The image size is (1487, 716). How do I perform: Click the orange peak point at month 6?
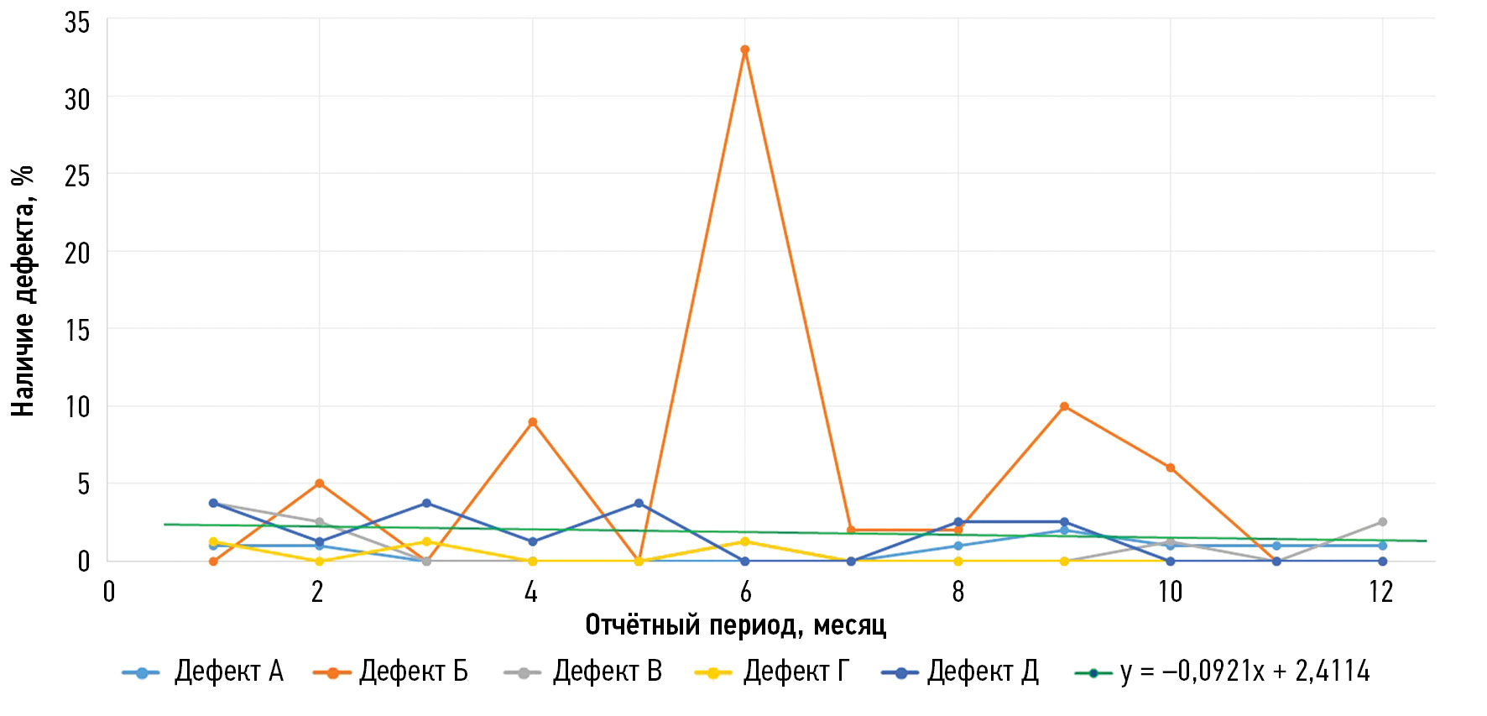(744, 50)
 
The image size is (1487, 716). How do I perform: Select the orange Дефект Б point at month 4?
(532, 422)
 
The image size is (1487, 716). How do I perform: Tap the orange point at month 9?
(1064, 406)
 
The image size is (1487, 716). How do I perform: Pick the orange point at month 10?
(1170, 468)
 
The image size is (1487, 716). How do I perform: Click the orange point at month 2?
(319, 483)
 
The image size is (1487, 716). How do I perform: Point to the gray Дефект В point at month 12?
(1382, 522)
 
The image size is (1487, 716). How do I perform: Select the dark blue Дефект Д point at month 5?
(639, 504)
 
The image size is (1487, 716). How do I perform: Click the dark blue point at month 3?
(426, 504)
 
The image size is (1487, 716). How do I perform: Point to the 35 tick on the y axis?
(77, 23)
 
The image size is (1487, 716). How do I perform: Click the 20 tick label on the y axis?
(77, 253)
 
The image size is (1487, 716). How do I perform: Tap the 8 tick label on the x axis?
(957, 593)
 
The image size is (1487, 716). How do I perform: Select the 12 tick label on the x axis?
(1380, 593)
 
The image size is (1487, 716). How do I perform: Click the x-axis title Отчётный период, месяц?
(735, 625)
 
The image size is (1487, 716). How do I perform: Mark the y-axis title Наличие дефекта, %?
(23, 290)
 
